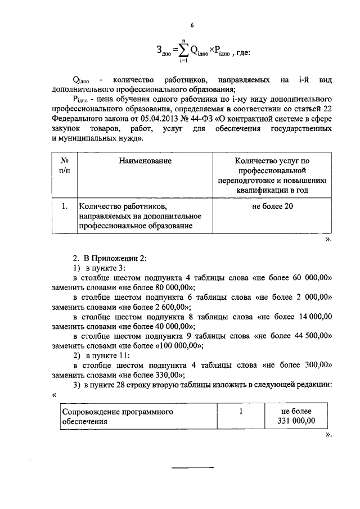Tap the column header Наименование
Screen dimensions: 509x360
145,161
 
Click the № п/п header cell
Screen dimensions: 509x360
64,166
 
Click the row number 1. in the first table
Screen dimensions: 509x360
64,206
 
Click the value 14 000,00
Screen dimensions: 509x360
312,317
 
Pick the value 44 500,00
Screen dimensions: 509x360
311,336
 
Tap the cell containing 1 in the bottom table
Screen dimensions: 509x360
241,411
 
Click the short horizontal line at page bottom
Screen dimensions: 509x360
192,467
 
